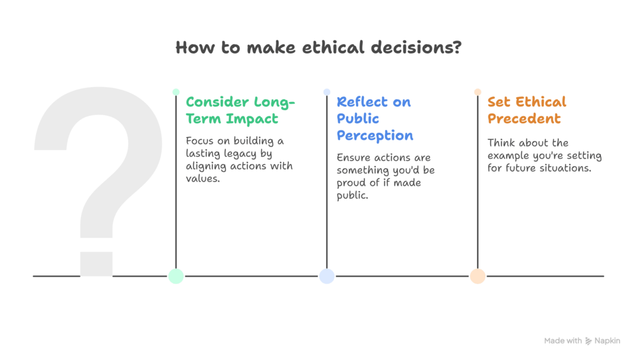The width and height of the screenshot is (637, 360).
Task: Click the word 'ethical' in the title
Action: click(x=333, y=47)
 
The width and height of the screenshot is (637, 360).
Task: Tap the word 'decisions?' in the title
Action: click(x=416, y=47)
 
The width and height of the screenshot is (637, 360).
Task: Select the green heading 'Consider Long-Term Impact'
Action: click(x=241, y=110)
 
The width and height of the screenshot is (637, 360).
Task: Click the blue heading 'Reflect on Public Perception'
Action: click(x=374, y=119)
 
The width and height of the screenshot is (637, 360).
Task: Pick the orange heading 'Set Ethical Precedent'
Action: click(x=526, y=110)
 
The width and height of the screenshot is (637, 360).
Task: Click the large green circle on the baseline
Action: click(x=176, y=276)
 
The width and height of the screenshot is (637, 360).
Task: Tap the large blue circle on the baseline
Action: click(x=327, y=276)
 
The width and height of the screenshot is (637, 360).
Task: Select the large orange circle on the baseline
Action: click(x=478, y=276)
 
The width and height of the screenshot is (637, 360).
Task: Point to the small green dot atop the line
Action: click(x=176, y=92)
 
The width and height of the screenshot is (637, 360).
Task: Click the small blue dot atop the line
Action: click(x=327, y=92)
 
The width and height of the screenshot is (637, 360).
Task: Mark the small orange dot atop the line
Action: click(x=478, y=92)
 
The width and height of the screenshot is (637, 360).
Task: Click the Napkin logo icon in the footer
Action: click(x=588, y=341)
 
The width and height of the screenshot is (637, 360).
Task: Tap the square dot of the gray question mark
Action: click(x=96, y=264)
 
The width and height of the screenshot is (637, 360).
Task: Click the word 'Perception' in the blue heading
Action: click(x=374, y=136)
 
